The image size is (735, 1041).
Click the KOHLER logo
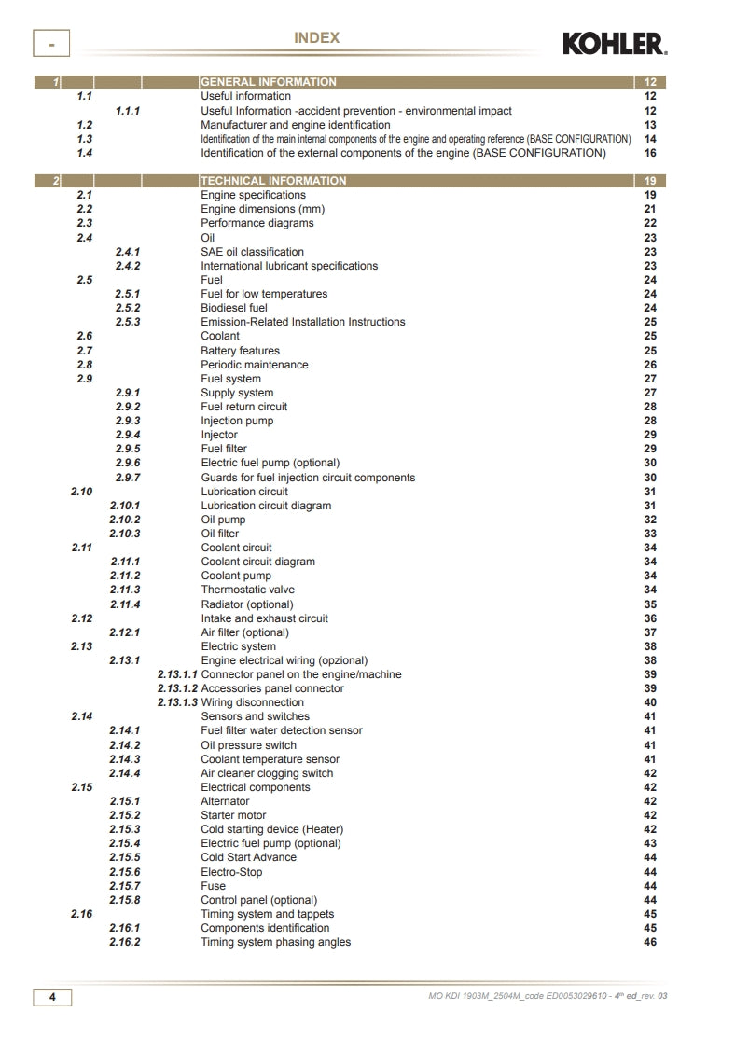tap(614, 43)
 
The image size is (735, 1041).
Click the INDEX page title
tap(317, 38)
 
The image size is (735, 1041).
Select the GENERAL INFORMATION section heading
tap(269, 82)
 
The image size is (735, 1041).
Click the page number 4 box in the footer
tap(53, 997)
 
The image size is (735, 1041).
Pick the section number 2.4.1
tap(128, 252)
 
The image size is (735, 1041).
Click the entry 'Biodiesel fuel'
tap(234, 308)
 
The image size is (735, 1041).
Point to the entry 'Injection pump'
tap(238, 421)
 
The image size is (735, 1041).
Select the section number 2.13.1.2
tap(177, 688)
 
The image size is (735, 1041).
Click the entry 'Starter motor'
tap(233, 815)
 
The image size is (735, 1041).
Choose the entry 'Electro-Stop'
tap(231, 872)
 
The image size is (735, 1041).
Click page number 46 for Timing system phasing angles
tap(650, 942)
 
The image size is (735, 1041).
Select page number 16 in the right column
tap(650, 153)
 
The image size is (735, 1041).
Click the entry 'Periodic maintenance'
tap(255, 365)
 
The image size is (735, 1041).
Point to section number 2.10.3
tap(125, 534)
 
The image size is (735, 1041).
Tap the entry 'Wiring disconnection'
tap(253, 702)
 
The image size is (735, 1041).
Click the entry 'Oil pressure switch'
tap(249, 745)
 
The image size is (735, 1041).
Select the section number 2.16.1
tap(125, 928)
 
